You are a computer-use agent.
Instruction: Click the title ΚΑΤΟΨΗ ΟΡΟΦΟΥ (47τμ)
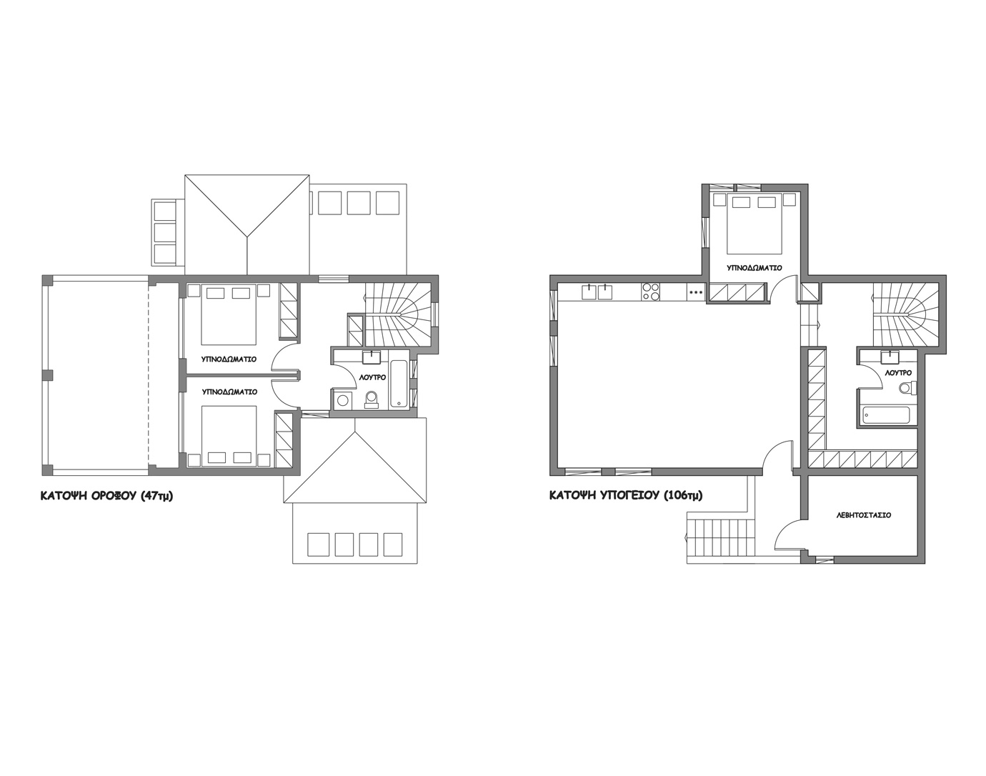[106, 496]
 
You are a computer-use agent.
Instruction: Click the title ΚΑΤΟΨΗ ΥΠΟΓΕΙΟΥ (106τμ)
[626, 495]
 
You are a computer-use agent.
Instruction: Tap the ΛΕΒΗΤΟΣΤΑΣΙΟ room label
[864, 515]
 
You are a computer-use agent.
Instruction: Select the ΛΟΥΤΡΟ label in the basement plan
[898, 373]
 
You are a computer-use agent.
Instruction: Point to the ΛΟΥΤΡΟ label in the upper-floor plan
[372, 378]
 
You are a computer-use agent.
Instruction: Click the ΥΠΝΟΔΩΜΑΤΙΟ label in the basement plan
[755, 268]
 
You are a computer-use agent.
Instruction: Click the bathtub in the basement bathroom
[886, 415]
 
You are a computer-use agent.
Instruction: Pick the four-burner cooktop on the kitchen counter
[651, 292]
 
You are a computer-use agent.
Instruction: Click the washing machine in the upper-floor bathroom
[342, 400]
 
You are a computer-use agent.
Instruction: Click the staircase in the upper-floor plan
[397, 314]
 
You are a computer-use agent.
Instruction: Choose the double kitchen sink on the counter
[597, 292]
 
